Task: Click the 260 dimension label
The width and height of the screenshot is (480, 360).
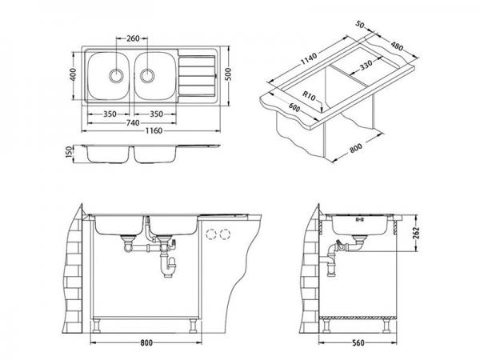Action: (x=133, y=38)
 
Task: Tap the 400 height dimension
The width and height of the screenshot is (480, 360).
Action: (x=73, y=74)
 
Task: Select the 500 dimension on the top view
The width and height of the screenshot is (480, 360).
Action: (x=228, y=74)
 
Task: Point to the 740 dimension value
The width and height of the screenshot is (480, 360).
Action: (x=133, y=122)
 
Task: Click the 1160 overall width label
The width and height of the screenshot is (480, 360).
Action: (x=154, y=130)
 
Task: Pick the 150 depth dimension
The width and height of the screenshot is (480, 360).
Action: (x=70, y=152)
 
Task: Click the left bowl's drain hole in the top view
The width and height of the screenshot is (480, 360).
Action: (x=116, y=75)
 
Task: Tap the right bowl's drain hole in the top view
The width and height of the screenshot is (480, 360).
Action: (x=147, y=75)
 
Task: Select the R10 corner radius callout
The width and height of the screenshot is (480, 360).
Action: (x=309, y=96)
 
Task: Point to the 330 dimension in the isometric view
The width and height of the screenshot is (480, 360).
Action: (x=366, y=65)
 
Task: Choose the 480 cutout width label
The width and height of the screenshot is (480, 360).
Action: (x=397, y=46)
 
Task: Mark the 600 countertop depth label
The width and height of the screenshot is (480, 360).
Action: (x=294, y=107)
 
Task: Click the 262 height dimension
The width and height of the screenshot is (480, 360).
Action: (x=415, y=233)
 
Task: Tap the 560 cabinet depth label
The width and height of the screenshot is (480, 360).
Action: (x=358, y=342)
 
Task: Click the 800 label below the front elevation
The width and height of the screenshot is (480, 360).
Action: (x=146, y=342)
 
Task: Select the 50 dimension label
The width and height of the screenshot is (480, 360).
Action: (x=360, y=24)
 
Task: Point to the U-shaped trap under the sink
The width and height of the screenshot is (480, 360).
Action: (x=168, y=266)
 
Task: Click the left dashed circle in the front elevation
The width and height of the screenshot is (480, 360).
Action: (x=211, y=234)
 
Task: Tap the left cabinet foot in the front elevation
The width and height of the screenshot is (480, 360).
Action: (x=97, y=326)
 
